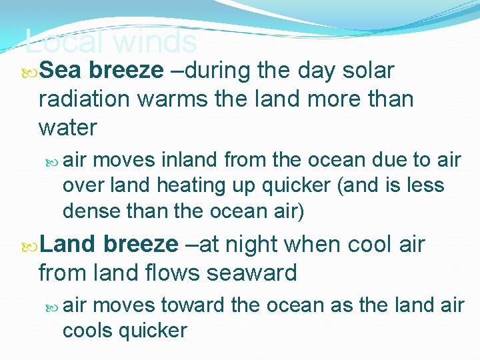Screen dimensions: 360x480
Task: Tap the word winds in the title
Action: (155, 43)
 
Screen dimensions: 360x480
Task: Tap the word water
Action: (68, 127)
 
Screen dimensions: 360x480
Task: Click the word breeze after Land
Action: (141, 245)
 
